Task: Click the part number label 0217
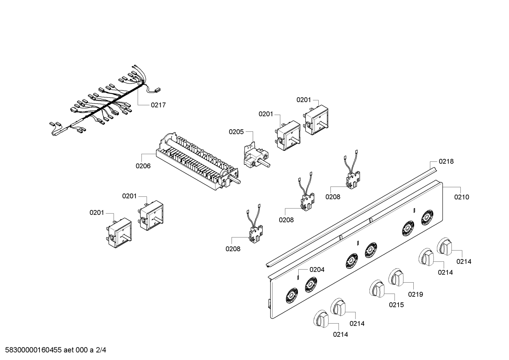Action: point(158,105)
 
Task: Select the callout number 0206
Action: point(143,166)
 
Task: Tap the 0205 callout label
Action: point(236,132)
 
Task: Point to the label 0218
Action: point(446,161)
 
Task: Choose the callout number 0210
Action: point(461,197)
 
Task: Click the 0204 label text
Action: point(317,270)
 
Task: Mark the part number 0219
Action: point(415,295)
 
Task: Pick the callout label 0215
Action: point(396,305)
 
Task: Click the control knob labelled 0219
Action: point(396,277)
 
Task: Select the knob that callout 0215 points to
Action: point(377,289)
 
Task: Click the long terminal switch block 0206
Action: point(197,161)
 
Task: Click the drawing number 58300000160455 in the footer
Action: point(33,350)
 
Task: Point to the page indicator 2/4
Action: point(101,350)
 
